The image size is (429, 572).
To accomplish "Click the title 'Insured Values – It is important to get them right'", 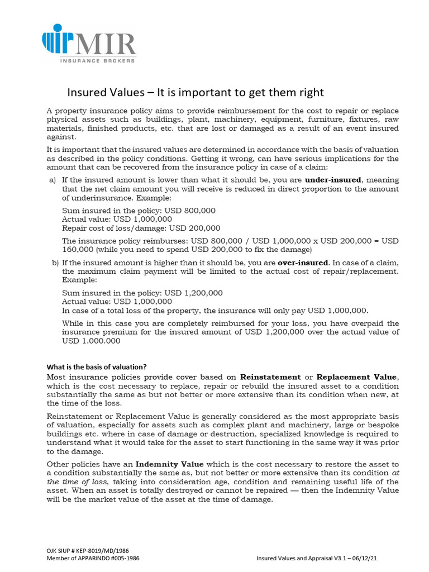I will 196,92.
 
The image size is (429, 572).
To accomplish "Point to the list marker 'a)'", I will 53,180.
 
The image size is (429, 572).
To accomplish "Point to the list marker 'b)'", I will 55,263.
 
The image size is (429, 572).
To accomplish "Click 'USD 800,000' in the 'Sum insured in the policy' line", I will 192,211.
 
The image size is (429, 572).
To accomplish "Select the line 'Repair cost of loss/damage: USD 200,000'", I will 141,228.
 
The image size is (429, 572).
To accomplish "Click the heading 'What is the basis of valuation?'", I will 96,367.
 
